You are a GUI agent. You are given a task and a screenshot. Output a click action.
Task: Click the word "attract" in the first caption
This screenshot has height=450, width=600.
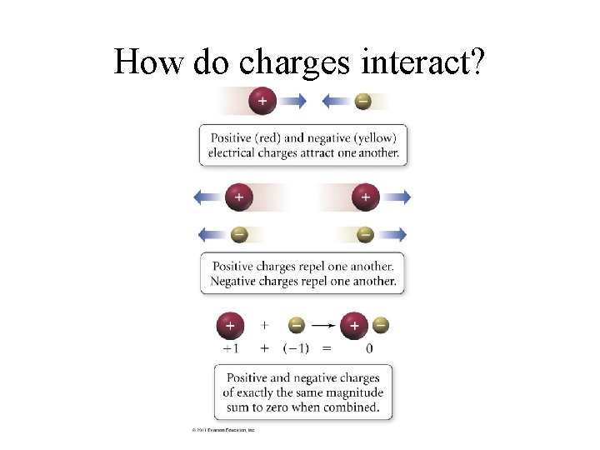[323, 152]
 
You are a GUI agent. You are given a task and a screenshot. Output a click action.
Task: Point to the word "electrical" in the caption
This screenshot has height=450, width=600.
[235, 152]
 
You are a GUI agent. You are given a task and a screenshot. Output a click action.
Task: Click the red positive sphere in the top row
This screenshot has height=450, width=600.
[262, 101]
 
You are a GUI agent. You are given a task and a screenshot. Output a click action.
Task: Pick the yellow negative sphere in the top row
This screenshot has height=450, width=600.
[362, 101]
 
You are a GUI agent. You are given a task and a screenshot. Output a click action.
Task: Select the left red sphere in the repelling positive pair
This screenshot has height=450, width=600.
[238, 197]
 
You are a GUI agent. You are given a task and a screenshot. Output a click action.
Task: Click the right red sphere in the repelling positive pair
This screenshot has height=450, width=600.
[365, 197]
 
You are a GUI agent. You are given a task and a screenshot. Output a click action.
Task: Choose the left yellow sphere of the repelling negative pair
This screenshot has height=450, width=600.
[238, 234]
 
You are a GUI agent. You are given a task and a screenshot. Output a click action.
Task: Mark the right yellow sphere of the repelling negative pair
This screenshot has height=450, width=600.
[365, 234]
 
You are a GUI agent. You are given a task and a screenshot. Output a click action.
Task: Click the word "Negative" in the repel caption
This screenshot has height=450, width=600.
[237, 281]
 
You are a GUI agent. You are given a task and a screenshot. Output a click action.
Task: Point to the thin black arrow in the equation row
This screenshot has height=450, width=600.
[323, 325]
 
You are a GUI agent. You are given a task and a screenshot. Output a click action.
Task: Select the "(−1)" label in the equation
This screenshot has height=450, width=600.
[297, 347]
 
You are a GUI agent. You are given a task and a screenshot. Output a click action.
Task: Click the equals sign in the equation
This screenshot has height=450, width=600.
[327, 347]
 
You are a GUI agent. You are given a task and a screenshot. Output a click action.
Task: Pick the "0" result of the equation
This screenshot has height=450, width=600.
[369, 347]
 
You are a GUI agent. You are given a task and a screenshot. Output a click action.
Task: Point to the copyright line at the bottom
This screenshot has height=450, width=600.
[223, 430]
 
